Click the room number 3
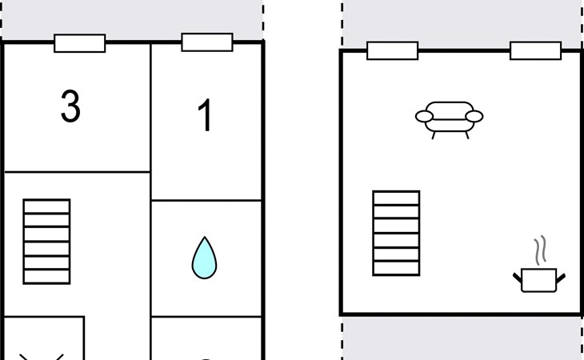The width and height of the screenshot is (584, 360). (x=70, y=106)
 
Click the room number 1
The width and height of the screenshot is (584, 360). (x=206, y=115)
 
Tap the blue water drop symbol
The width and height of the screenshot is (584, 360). (x=205, y=258)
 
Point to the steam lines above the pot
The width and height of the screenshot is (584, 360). (x=541, y=250)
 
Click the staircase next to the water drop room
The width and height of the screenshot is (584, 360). (x=46, y=242)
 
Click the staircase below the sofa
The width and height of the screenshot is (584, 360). (x=396, y=234)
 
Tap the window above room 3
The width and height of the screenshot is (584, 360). (x=80, y=43)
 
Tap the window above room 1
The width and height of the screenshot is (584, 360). (x=207, y=42)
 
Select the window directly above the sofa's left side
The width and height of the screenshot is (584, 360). (x=393, y=50)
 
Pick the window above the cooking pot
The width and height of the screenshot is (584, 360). (x=535, y=50)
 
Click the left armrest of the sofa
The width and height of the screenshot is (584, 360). (x=424, y=117)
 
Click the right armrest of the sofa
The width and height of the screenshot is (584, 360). (x=474, y=117)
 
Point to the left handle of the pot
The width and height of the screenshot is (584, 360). (x=518, y=278)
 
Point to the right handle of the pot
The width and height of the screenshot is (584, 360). (x=561, y=278)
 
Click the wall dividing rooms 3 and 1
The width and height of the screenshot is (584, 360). (x=150, y=107)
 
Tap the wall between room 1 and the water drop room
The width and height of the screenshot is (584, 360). (x=206, y=200)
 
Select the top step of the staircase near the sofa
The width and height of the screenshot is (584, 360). (x=396, y=198)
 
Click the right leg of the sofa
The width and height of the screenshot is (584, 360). (x=467, y=135)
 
